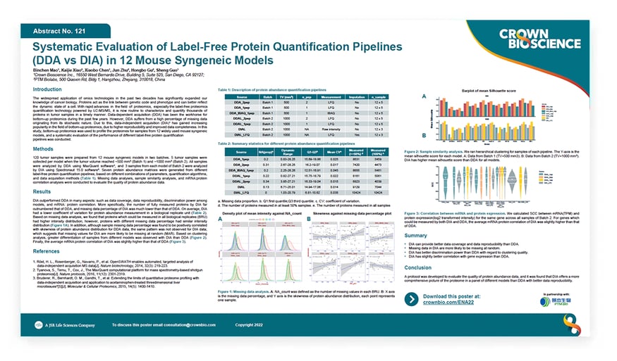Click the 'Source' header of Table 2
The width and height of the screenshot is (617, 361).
239,151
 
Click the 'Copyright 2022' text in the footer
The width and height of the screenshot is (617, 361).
252,325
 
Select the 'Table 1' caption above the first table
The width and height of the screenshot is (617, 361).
271,91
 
